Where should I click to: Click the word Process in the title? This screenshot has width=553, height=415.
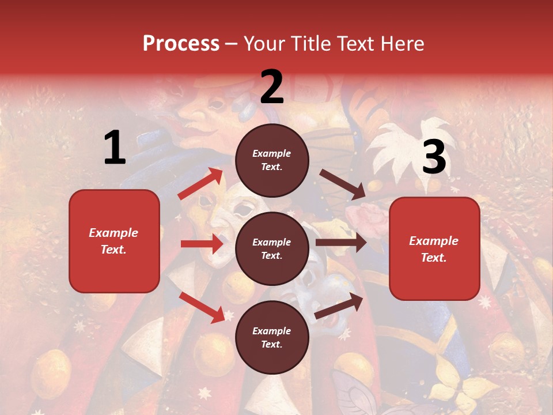click(181, 44)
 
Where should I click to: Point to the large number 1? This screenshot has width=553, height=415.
click(115, 148)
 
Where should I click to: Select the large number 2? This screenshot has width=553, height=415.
click(272, 87)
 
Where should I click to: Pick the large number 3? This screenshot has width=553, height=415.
click(434, 157)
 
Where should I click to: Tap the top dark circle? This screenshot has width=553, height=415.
click(272, 160)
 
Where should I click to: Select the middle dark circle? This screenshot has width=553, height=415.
click(272, 248)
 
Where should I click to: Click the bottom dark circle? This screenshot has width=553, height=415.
click(272, 337)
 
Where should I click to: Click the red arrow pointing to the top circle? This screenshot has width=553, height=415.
click(200, 184)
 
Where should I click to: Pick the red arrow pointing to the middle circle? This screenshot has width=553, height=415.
click(202, 244)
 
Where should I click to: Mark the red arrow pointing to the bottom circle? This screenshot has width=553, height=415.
click(202, 307)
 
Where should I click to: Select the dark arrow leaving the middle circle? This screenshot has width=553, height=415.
click(341, 243)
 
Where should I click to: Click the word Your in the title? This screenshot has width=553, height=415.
click(264, 44)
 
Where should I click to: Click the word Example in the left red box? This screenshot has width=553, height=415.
click(113, 233)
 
